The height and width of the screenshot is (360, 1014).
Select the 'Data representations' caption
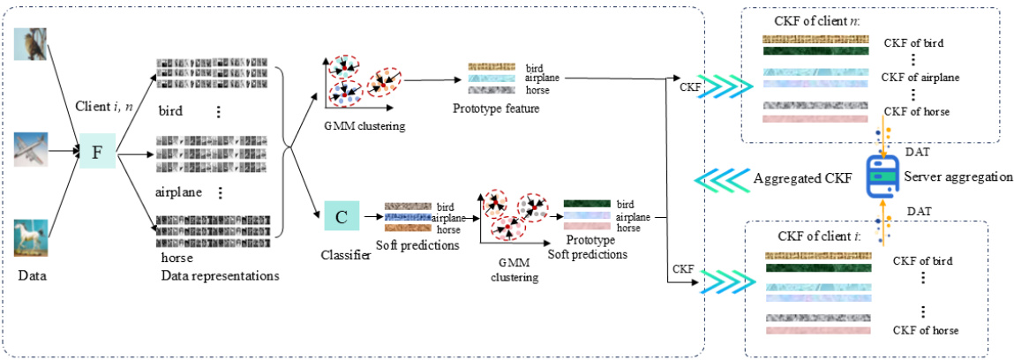(220, 275)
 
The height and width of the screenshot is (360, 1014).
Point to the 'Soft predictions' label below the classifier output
(417, 246)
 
